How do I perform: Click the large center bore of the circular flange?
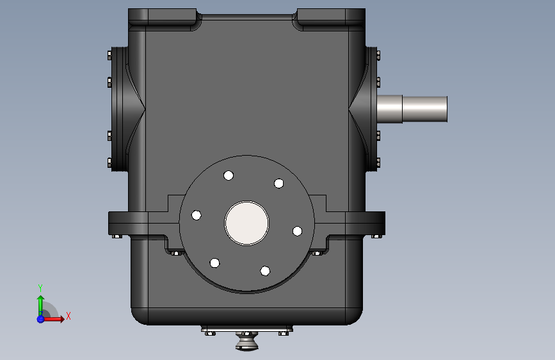(246, 223)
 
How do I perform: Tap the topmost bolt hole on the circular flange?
(229, 176)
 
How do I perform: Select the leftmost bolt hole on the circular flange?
(197, 215)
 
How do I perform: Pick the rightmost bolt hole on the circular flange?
(297, 231)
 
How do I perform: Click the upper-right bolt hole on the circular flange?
(279, 184)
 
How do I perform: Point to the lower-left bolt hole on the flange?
(215, 263)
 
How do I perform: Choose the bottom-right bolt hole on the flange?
(265, 271)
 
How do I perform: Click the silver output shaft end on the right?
(412, 109)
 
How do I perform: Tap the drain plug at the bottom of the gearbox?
(246, 341)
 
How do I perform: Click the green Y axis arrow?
(41, 306)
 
